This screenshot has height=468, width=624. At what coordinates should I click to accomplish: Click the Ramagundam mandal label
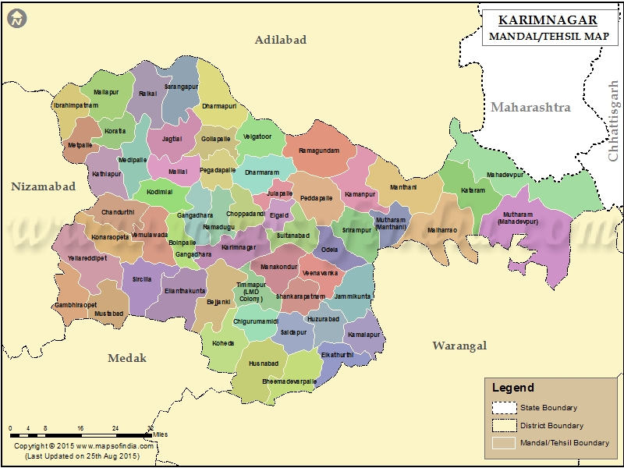[319, 151]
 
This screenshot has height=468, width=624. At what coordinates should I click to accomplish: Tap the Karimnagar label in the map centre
[239, 247]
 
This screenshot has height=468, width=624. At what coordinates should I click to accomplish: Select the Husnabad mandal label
[264, 363]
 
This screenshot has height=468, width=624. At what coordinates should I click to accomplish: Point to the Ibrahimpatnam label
[76, 105]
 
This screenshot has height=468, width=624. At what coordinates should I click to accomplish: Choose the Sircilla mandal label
[142, 278]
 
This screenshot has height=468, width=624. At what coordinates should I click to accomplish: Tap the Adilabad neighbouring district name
[281, 40]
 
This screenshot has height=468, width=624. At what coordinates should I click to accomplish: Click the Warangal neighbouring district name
[459, 346]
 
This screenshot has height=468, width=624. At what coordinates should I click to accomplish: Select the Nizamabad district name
[44, 186]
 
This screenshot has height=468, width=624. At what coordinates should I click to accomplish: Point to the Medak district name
[127, 358]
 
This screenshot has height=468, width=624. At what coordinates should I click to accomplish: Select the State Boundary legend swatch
[505, 407]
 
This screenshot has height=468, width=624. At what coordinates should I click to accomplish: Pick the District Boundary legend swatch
[505, 425]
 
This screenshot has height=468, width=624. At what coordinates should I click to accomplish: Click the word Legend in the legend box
[513, 388]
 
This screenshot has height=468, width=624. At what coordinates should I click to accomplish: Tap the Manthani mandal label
[404, 187]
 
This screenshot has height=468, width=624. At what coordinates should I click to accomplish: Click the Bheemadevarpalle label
[289, 381]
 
